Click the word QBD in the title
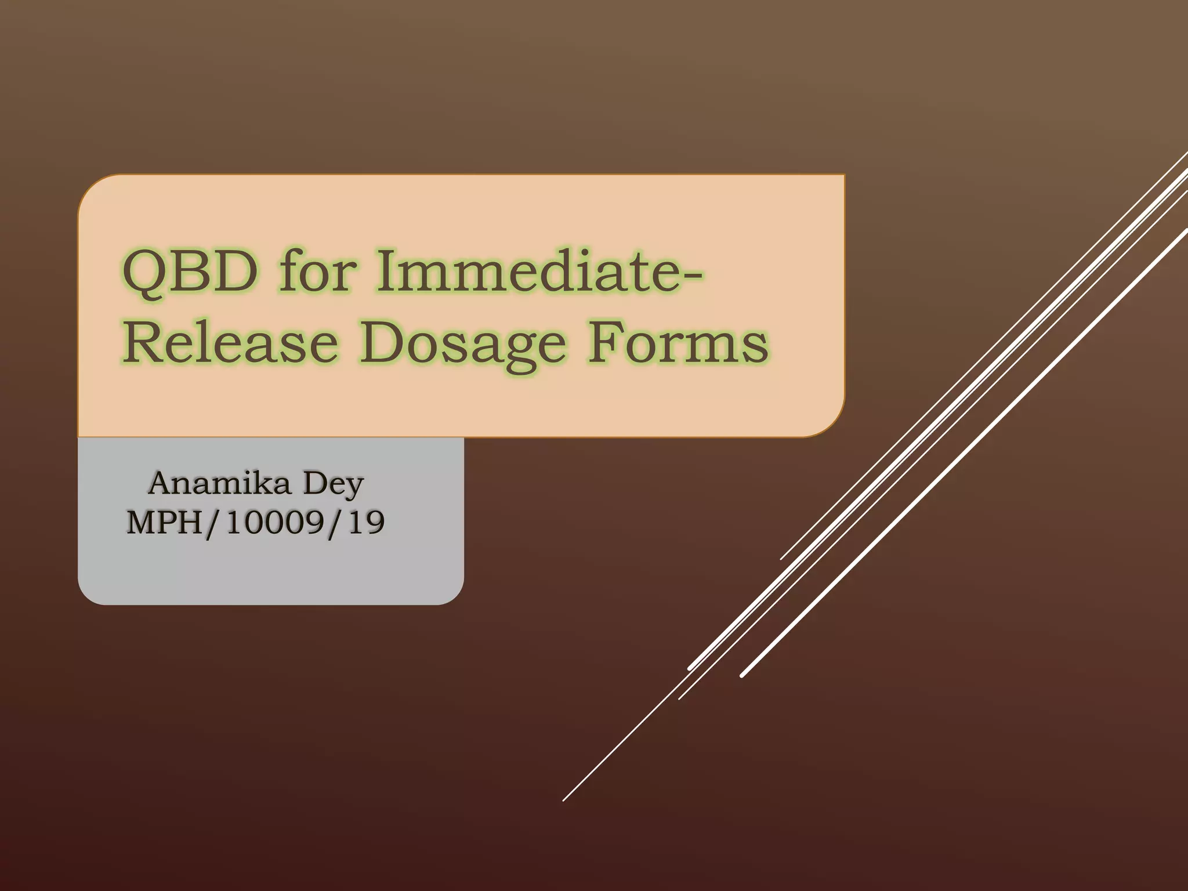(x=190, y=271)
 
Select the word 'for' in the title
(x=316, y=270)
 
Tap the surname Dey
(x=334, y=484)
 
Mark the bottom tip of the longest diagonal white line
(x=564, y=800)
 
